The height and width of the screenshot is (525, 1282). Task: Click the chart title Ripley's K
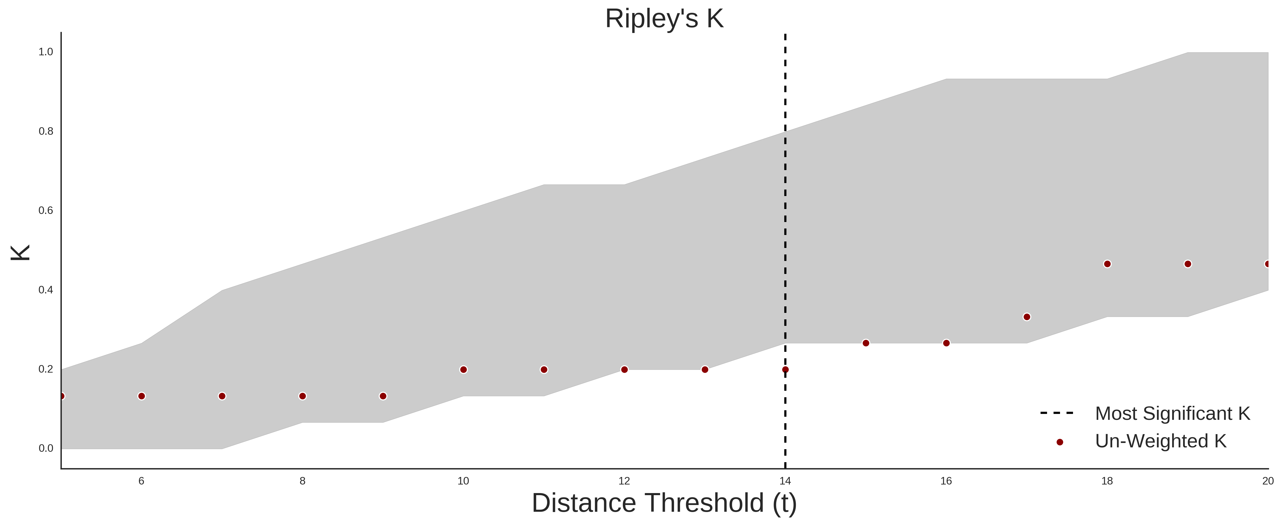(x=664, y=19)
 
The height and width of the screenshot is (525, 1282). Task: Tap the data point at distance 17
(x=1027, y=317)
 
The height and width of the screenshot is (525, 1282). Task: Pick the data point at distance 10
(x=463, y=370)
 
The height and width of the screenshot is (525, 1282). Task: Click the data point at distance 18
(x=1107, y=264)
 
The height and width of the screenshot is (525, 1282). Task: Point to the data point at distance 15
(x=866, y=343)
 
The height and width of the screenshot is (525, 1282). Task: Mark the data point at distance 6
(x=141, y=396)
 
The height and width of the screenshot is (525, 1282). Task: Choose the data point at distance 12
(x=625, y=370)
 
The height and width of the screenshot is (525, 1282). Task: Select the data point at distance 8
(x=302, y=396)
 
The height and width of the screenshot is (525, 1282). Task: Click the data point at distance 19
(x=1188, y=264)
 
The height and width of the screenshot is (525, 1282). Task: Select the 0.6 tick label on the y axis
(x=46, y=211)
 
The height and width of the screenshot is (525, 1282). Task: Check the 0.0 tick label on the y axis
(x=46, y=448)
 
